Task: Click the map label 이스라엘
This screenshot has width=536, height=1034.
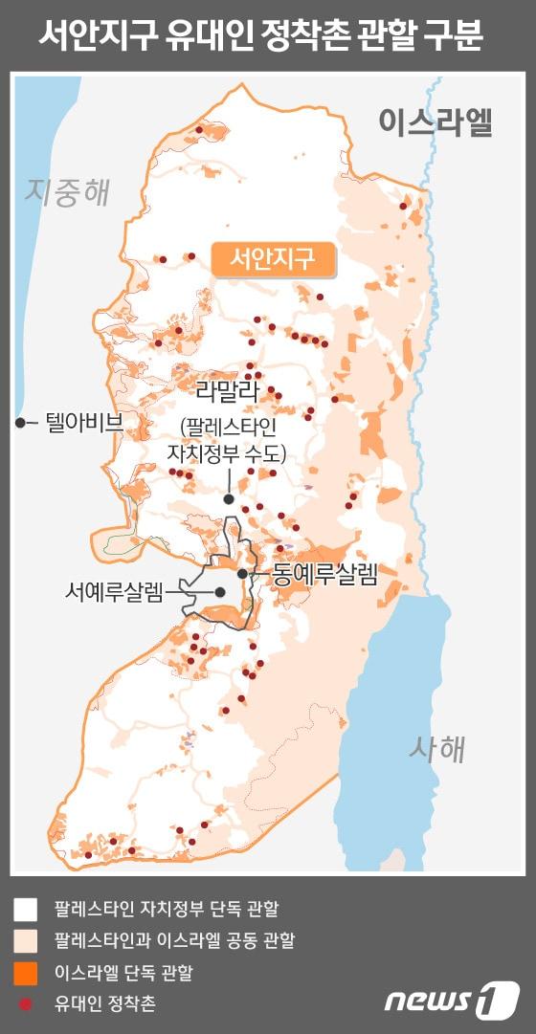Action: [435, 122]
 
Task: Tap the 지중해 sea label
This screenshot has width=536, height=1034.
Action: [68, 191]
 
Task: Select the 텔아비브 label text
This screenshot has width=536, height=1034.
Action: [84, 422]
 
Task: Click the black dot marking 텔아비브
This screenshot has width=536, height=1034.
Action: [20, 422]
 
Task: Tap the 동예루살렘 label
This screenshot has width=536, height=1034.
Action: [324, 574]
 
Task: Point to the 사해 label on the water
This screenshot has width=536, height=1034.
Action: [436, 748]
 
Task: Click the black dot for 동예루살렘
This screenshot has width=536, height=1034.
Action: [243, 573]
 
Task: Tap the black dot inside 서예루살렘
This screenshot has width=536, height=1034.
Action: [220, 592]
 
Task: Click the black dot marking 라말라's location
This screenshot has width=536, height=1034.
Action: [229, 498]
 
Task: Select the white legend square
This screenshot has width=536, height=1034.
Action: [26, 907]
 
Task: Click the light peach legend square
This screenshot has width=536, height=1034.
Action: [26, 940]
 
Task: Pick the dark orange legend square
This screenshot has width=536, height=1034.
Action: [26, 973]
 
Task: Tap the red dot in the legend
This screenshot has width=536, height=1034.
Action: [26, 1004]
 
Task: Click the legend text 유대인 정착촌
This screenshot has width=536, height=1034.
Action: [105, 1004]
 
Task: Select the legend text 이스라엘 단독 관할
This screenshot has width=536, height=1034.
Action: [123, 973]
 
